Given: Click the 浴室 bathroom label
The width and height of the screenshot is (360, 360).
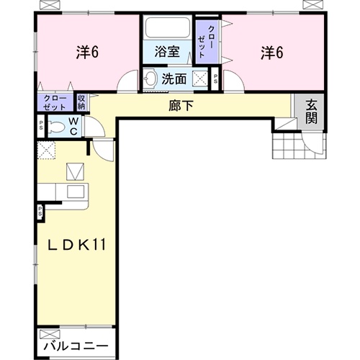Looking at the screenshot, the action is (x=167, y=52).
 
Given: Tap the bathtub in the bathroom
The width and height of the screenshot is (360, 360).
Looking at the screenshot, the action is (x=168, y=27).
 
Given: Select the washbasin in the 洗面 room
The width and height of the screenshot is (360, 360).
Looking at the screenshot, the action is (x=149, y=78).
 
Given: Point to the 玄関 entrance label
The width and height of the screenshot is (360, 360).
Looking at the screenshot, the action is (x=311, y=112).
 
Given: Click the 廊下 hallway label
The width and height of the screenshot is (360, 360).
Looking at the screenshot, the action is (x=181, y=106).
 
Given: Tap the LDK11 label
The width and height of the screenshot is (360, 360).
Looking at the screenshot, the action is (x=77, y=245).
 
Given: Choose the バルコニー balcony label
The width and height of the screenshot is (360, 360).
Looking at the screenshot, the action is (x=76, y=346).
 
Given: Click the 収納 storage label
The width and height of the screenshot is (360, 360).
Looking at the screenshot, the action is (x=81, y=102).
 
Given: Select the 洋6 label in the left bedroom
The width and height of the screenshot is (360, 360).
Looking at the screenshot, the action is (x=87, y=52).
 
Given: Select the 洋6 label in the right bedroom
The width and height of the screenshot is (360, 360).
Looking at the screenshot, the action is (x=272, y=53).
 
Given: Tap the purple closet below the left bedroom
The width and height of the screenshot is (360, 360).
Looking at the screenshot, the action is (x=55, y=103).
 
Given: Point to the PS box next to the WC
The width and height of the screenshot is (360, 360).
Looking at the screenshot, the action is (x=41, y=126).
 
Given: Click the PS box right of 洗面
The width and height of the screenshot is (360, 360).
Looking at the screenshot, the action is (x=215, y=78).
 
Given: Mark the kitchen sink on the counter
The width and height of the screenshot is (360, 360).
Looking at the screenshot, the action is (x=76, y=192).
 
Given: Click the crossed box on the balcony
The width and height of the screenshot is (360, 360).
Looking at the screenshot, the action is (x=50, y=334).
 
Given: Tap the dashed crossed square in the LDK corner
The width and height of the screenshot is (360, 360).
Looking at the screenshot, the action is (x=47, y=150).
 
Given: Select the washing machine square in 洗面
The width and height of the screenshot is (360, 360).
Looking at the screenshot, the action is (x=200, y=78).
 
